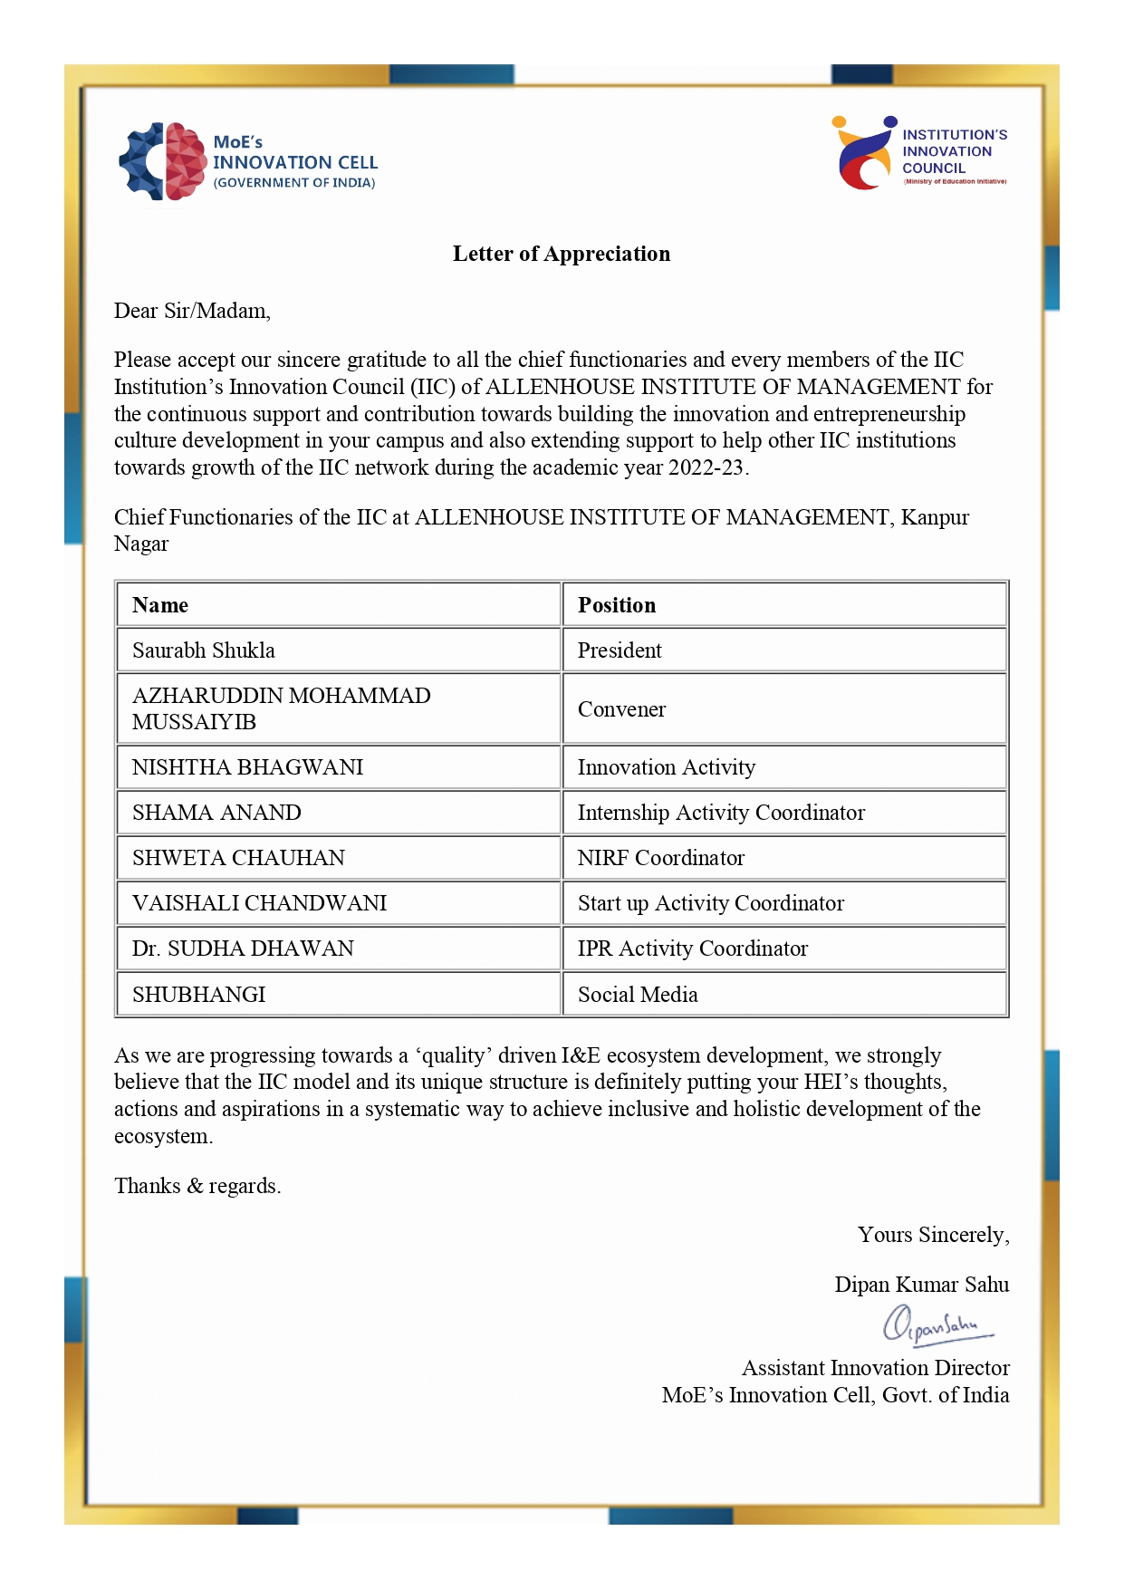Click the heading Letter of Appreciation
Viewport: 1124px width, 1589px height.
point(562,254)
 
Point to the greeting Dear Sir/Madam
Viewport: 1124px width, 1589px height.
point(192,311)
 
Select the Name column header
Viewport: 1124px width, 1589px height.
point(160,605)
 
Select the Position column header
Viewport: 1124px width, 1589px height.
point(617,605)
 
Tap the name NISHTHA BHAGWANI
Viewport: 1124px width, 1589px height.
point(247,767)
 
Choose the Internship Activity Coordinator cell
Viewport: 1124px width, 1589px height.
point(721,813)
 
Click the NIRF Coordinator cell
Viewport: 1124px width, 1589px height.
point(661,858)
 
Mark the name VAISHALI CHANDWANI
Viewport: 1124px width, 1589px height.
point(259,903)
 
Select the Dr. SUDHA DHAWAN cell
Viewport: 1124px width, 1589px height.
point(243,949)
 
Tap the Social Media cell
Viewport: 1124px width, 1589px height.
point(638,995)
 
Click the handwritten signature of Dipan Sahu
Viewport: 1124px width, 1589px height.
point(937,1325)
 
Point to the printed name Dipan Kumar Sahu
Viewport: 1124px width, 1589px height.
point(921,1285)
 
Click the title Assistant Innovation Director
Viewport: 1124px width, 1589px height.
point(875,1368)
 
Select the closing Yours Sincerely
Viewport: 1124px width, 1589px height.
point(933,1235)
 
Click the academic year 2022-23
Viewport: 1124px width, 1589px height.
point(706,467)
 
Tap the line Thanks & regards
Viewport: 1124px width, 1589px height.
point(197,1186)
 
